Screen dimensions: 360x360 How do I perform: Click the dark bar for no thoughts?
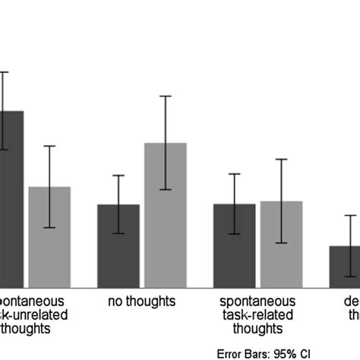point(118,245)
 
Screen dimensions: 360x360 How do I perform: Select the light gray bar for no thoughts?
point(166,215)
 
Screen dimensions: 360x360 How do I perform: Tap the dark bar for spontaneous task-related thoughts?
point(234,245)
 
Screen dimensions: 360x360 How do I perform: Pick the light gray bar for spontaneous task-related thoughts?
point(281,244)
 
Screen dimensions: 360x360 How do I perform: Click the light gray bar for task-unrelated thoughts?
point(49,236)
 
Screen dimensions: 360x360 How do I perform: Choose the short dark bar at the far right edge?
point(345,266)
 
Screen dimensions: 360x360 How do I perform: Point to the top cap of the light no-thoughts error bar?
point(166,96)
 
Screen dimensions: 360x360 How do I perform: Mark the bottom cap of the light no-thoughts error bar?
point(166,190)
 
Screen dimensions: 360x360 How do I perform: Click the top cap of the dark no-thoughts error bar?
point(118,175)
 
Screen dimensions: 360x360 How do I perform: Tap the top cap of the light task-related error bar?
point(281,159)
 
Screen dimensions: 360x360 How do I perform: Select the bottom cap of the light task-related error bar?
point(281,243)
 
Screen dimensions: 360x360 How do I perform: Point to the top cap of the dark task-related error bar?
point(234,174)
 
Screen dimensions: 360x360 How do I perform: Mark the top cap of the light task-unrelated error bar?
point(49,146)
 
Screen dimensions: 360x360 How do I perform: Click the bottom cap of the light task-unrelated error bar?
point(49,227)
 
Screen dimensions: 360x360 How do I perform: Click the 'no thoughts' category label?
point(142,302)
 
